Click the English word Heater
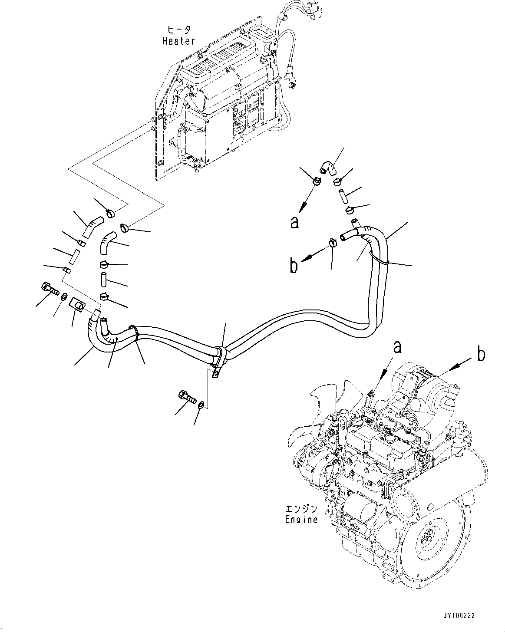pos(178,41)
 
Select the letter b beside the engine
pos(480,354)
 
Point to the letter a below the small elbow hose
pos(295,222)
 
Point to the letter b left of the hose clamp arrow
pos(294,266)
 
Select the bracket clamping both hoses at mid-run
pos(220,358)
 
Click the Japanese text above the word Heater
pos(179,30)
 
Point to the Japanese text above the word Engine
pos(301,509)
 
